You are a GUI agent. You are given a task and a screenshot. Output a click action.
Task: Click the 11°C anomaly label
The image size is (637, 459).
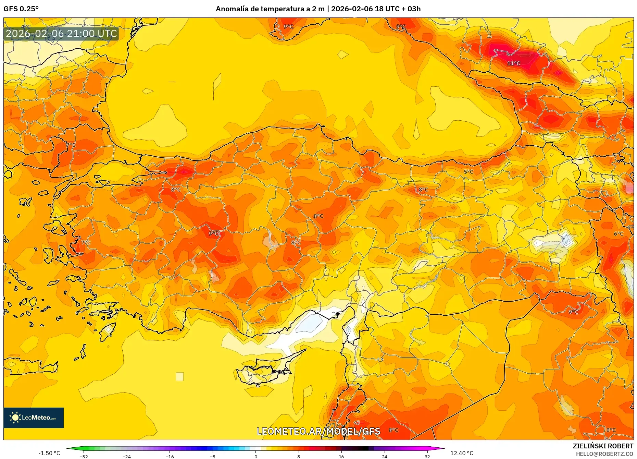point(513,63)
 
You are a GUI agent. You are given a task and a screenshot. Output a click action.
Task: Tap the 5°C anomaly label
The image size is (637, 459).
point(468,172)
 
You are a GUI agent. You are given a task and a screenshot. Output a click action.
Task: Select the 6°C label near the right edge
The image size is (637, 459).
point(618,234)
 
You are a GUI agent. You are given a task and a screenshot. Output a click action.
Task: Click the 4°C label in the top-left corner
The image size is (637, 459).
point(26,26)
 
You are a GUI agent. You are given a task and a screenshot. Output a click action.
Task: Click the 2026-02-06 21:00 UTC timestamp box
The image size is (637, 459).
point(61,34)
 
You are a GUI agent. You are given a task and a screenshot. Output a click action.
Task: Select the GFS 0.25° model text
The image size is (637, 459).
point(21,9)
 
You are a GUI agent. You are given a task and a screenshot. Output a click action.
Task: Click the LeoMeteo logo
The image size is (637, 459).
point(34,418)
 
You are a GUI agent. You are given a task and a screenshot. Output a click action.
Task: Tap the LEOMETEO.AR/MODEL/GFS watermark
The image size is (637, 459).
point(318,431)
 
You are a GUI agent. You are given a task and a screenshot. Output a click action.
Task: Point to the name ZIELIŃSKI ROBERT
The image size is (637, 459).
point(603,446)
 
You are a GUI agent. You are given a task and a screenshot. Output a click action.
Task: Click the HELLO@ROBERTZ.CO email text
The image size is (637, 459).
point(604,454)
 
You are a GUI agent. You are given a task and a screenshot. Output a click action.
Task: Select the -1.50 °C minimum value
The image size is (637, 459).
point(49,453)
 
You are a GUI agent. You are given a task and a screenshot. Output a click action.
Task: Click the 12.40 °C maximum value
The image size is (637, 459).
point(461,453)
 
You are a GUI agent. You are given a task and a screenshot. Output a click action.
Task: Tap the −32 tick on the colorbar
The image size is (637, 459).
point(84,457)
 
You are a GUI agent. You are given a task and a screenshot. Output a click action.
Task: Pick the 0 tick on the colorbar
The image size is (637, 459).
point(255,457)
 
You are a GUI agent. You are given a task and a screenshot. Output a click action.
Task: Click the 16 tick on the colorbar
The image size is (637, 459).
point(341,457)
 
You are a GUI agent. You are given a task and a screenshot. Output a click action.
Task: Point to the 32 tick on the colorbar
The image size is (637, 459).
point(427,457)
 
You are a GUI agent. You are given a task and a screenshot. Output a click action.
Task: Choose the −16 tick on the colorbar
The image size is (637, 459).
point(170,457)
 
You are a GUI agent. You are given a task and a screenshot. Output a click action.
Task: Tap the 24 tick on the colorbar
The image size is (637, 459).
point(384,457)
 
